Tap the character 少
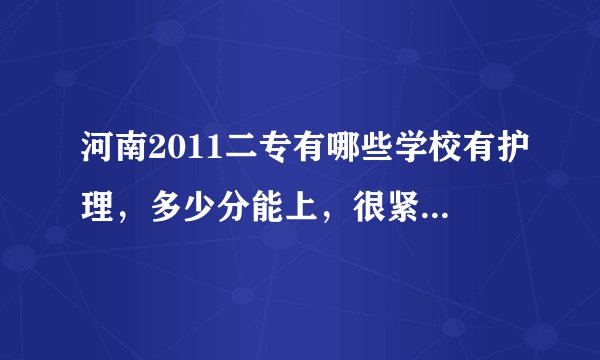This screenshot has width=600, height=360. pos(201,205)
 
